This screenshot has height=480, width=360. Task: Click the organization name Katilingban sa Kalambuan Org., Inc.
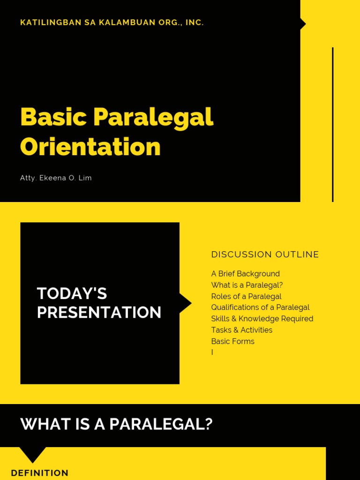point(112,22)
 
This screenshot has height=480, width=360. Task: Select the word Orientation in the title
point(90,147)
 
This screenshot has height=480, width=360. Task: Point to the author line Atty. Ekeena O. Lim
point(56,178)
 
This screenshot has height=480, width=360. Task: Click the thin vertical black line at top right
point(333,124)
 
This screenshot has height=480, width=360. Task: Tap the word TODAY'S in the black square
point(72,294)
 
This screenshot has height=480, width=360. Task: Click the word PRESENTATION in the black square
point(99,313)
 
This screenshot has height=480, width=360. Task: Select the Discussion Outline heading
point(265,255)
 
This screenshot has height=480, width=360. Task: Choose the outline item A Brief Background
point(245,274)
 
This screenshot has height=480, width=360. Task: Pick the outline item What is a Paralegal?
point(247,285)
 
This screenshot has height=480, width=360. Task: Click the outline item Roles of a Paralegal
point(246,296)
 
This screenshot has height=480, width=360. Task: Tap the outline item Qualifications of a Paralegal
point(260,307)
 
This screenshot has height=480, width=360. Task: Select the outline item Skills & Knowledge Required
point(262,319)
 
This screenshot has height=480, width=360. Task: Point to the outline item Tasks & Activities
point(241,330)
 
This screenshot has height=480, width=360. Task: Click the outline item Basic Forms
point(232,341)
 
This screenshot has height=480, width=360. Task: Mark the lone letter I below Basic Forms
point(212,352)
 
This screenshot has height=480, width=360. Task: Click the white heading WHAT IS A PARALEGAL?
point(116,425)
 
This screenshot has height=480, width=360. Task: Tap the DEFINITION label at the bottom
point(39,473)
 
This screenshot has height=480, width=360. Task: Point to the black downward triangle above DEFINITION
point(32,454)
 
